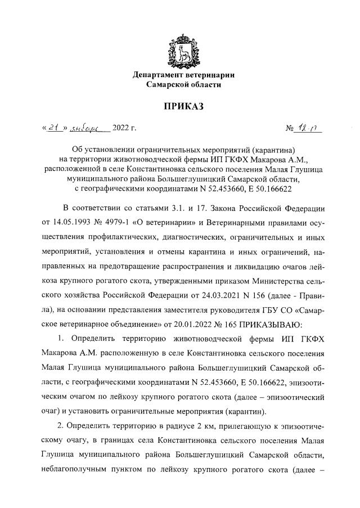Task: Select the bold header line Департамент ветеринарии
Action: [183, 75]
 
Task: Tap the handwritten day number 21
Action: [54, 129]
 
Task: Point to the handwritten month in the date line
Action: [90, 129]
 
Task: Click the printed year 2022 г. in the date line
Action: [125, 129]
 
